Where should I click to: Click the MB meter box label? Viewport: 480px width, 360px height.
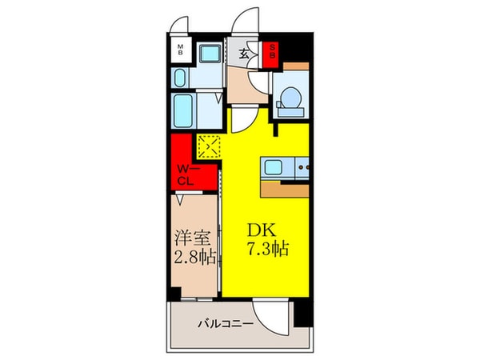(x=181, y=50)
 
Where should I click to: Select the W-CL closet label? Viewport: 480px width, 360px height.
(x=186, y=174)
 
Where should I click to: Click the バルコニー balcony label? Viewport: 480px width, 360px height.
(x=226, y=324)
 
